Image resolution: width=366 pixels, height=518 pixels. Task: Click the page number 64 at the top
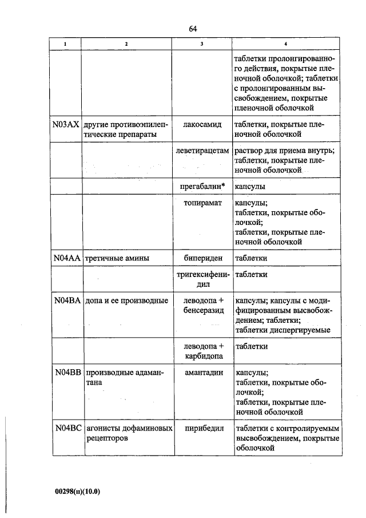point(192,29)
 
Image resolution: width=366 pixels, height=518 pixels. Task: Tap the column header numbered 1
point(65,45)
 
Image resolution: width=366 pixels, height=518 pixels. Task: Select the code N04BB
point(66,372)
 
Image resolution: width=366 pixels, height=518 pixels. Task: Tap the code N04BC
point(66,428)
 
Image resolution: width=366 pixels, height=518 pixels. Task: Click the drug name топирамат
point(202,203)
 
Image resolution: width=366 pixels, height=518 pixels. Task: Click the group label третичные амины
point(117,258)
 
